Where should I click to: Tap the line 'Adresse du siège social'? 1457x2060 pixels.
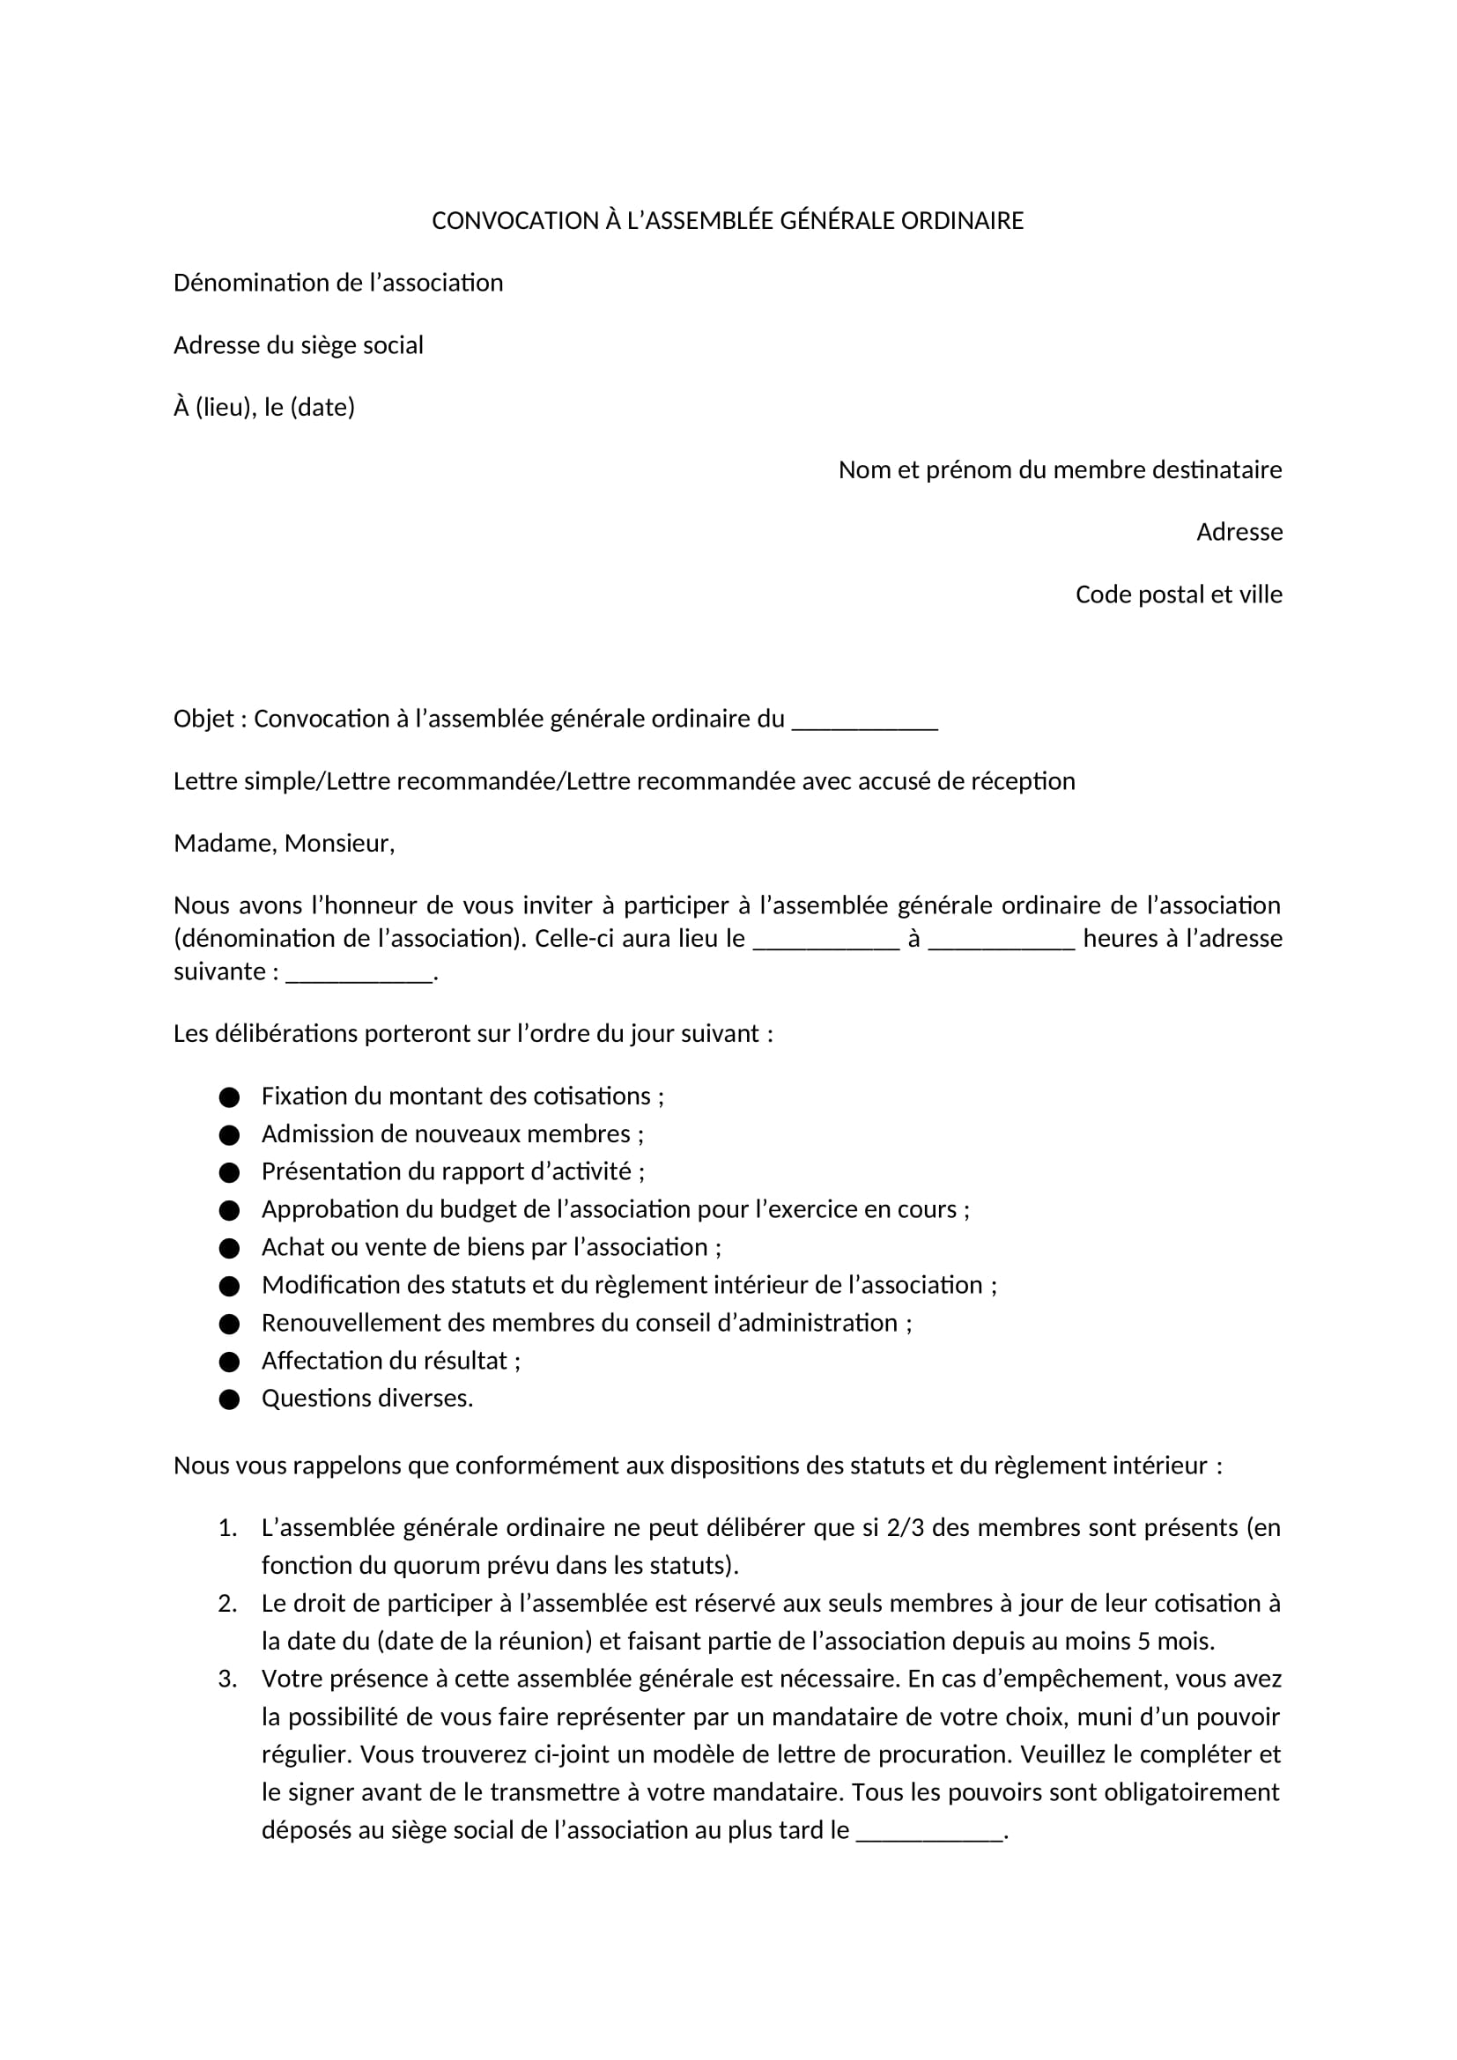298,345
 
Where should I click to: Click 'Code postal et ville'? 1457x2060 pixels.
1178,594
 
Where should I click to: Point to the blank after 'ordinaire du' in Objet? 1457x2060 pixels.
864,720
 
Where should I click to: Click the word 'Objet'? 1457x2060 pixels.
203,720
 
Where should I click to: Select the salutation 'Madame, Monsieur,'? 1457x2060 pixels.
284,844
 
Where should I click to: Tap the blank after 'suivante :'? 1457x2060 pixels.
359,972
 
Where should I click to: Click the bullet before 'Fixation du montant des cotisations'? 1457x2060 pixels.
230,1097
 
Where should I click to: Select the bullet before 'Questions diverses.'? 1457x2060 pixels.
230,1399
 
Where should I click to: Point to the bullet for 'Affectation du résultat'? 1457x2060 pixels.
230,1362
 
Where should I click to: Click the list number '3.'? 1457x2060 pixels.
227,1680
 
